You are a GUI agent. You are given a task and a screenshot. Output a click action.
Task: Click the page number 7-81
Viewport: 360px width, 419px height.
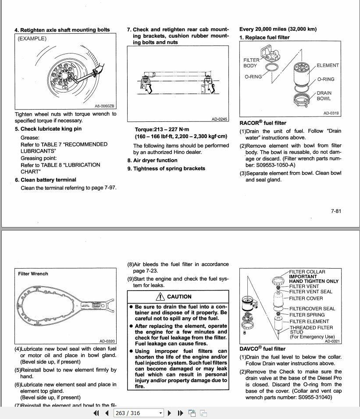pos(335,211)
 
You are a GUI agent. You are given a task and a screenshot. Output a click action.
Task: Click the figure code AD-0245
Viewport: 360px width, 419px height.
pos(220,119)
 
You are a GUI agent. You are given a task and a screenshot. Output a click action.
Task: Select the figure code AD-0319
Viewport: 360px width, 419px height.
pos(331,113)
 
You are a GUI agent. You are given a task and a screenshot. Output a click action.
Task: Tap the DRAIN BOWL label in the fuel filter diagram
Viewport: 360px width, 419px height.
pos(324,96)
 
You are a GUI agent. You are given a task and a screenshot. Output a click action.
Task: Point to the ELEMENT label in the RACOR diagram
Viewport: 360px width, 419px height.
pos(328,65)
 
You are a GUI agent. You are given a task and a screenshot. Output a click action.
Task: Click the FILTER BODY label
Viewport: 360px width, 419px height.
pos(251,63)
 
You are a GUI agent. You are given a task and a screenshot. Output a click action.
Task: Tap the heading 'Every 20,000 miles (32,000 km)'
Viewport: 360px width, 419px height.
pos(278,29)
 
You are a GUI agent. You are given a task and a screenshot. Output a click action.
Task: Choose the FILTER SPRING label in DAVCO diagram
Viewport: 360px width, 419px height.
pos(307,315)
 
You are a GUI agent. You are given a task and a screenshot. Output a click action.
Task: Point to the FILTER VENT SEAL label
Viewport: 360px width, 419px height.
pos(310,291)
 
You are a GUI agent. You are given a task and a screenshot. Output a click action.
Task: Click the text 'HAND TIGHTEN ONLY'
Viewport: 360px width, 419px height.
pos(314,281)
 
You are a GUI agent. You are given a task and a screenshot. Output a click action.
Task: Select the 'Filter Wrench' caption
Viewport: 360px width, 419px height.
pos(33,274)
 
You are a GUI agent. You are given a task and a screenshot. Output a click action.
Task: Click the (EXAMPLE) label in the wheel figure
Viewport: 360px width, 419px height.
pos(32,39)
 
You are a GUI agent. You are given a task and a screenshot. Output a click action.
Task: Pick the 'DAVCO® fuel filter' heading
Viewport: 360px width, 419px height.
pos(262,349)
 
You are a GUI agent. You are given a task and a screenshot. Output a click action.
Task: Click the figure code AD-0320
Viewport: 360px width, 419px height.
pos(107,341)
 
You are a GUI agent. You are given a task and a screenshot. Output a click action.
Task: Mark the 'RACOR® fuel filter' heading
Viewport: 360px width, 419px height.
pos(263,123)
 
